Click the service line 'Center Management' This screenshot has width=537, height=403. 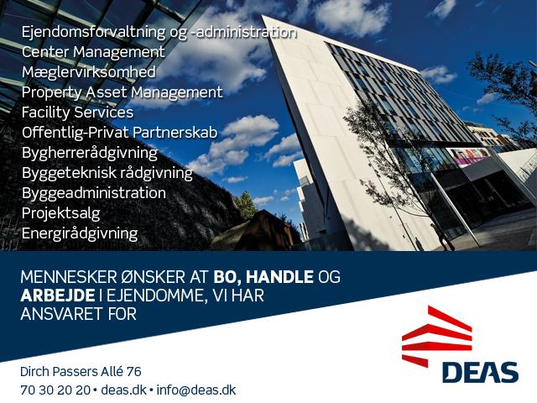tap(93, 52)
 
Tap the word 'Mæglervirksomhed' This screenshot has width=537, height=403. tap(89, 72)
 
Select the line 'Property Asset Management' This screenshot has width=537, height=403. tap(123, 92)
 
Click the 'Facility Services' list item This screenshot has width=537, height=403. tap(77, 113)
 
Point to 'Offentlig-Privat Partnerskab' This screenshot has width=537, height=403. tap(119, 133)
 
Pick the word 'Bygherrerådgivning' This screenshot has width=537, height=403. tap(90, 153)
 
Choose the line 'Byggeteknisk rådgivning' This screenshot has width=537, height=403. tap(107, 173)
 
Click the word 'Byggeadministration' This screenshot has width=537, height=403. tap(94, 193)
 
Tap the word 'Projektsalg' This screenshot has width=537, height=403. tap(61, 213)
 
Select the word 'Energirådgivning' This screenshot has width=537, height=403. tap(80, 233)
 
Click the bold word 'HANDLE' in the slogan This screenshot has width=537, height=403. tap(279, 277)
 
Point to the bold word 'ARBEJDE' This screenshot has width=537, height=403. tap(58, 296)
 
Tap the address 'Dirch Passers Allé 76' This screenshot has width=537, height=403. tap(81, 371)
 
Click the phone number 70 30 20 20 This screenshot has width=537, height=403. tap(55, 390)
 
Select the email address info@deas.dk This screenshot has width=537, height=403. tap(196, 390)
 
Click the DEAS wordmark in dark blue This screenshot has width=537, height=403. tap(480, 373)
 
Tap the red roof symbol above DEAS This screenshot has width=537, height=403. tap(437, 336)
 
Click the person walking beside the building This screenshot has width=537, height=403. tap(442, 237)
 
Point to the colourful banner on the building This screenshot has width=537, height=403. tap(468, 157)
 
